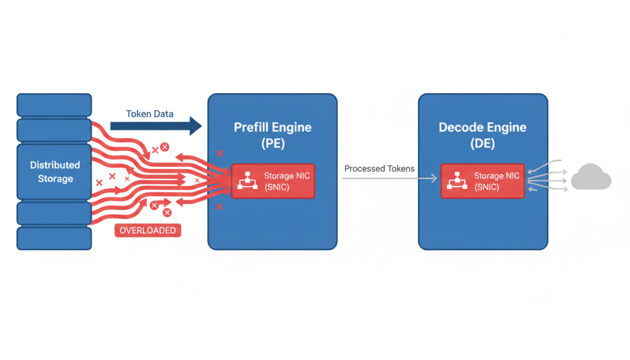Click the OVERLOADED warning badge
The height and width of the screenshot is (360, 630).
148,230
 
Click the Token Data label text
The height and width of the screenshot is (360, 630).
149,114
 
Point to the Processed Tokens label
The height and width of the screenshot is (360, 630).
379,169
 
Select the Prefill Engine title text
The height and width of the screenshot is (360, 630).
272,127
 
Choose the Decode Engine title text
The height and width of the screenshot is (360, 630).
482,127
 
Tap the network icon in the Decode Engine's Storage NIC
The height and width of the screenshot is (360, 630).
456,181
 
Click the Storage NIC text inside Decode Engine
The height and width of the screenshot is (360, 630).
496,176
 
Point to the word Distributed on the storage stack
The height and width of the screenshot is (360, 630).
55,165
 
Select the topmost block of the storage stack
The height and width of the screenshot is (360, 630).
54,105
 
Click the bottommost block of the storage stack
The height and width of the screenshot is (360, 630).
54,238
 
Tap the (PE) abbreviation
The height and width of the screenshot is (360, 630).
272,143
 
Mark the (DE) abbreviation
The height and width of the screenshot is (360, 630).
482,143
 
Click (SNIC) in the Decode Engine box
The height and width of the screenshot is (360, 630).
487,187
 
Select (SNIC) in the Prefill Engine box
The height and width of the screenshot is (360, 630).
276,187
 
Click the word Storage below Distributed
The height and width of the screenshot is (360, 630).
55,179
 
